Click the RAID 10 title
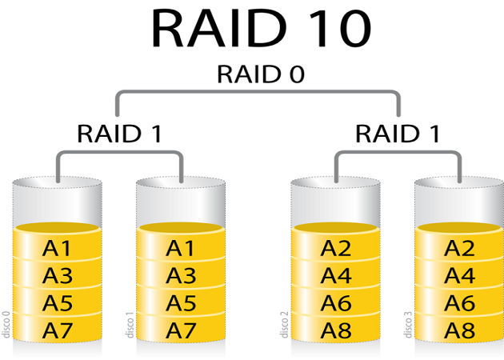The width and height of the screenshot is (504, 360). point(261,28)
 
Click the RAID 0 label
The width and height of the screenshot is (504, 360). point(261,74)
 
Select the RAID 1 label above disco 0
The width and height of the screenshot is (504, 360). point(119,134)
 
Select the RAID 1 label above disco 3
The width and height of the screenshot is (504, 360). point(398,134)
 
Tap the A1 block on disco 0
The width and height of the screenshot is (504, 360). point(58,244)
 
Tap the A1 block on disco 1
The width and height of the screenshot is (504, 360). point(181,244)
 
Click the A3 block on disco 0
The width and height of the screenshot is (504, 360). point(58,274)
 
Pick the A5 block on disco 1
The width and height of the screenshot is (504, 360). point(181,301)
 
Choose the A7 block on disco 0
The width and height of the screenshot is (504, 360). point(58,329)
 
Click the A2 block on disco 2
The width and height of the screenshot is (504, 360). point(336,244)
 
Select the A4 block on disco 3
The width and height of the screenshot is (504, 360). point(459,274)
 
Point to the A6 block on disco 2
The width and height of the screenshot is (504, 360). point(336,301)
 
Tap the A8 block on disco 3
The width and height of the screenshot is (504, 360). point(459,329)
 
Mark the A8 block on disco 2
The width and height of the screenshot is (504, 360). point(336,329)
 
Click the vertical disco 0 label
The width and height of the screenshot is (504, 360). point(6,325)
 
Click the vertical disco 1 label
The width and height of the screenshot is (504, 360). point(130,325)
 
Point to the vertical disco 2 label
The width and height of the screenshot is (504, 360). point(285,325)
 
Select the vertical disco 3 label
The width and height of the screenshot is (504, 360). point(408,325)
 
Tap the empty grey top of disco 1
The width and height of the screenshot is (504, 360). point(181,202)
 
